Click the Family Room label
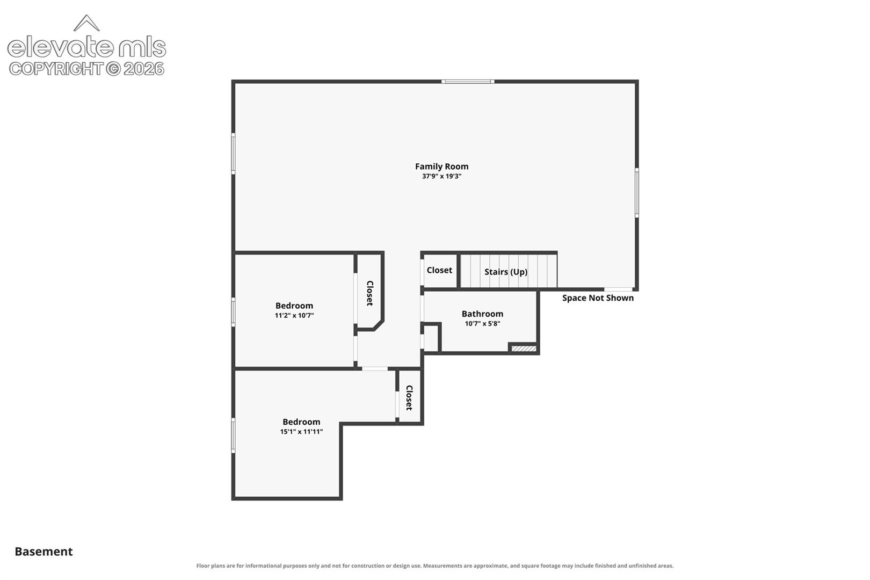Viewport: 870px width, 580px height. [x=441, y=166]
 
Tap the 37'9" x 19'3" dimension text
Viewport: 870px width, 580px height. [x=441, y=176]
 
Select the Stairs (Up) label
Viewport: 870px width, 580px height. [x=506, y=272]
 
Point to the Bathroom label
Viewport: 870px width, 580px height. [x=482, y=314]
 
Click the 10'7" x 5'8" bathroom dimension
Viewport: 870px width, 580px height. [x=482, y=324]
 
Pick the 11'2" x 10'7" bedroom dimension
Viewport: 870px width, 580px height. [x=294, y=315]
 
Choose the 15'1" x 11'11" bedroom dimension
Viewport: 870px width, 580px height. [x=301, y=432]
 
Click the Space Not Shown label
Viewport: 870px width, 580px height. [x=598, y=298]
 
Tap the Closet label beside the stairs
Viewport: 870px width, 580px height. [x=439, y=270]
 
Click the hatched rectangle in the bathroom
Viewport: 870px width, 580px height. [x=524, y=349]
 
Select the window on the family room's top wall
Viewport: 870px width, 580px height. [x=468, y=82]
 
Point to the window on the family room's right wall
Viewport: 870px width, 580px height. [x=636, y=193]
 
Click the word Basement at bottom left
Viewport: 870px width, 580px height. [x=44, y=552]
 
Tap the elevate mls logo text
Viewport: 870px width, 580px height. [x=86, y=47]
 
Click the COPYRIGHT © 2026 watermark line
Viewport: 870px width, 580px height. [x=86, y=69]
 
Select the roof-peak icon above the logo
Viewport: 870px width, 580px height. [x=86, y=23]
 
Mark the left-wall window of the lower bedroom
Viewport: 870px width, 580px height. [x=233, y=436]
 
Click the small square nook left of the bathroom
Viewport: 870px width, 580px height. [x=430, y=338]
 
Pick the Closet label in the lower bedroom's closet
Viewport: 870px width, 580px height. [x=409, y=398]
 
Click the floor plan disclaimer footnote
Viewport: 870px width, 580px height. [x=435, y=566]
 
